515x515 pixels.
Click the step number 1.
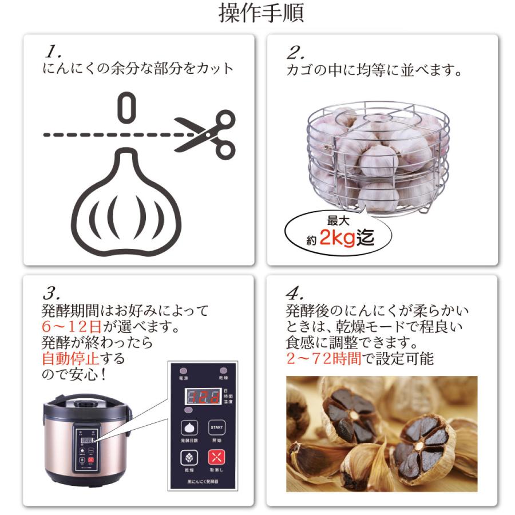coord(53,53)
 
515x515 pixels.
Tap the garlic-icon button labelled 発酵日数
coord(189,428)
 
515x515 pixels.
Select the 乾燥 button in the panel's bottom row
coord(189,459)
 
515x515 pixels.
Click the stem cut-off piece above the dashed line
coord(126,108)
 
